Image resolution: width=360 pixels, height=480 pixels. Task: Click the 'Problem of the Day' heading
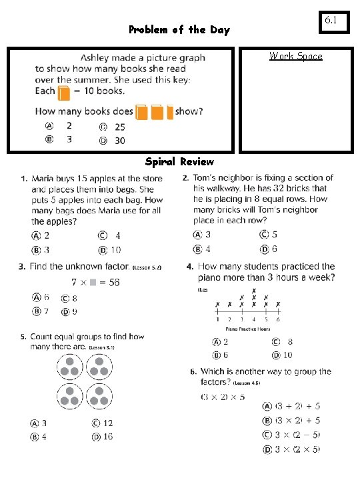pos(179,29)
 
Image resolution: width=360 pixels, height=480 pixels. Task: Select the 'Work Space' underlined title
pos(295,56)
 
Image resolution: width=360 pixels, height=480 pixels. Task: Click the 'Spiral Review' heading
pos(180,161)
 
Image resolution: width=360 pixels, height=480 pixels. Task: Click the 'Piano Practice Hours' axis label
pos(247,329)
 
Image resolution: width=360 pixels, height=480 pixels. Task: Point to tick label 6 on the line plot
pos(277,319)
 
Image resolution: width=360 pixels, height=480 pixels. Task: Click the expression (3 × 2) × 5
pos(223,397)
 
